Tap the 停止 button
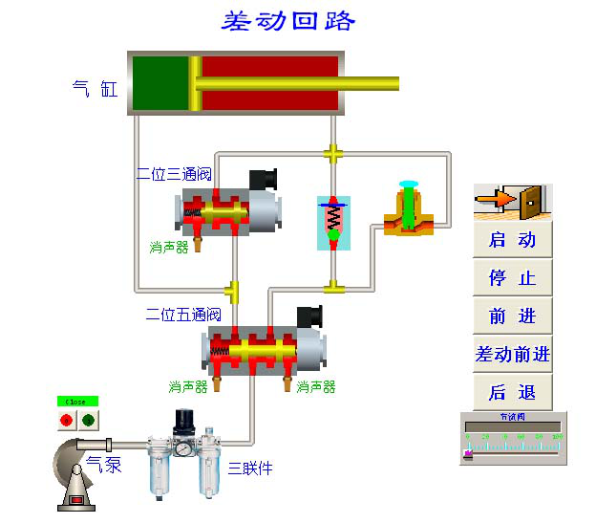pyautogui.click(x=513, y=278)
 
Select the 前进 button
pyautogui.click(x=513, y=316)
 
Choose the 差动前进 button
pyautogui.click(x=513, y=355)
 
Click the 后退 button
pyautogui.click(x=513, y=392)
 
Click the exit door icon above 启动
pyautogui.click(x=513, y=201)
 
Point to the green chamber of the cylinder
pyautogui.click(x=160, y=83)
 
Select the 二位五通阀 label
pyautogui.click(x=183, y=314)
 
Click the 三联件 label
pyautogui.click(x=249, y=469)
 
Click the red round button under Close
pyautogui.click(x=67, y=420)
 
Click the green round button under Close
pyautogui.click(x=89, y=420)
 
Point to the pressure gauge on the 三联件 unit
pyautogui.click(x=181, y=448)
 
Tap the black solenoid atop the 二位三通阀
pyautogui.click(x=263, y=180)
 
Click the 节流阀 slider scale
pyautogui.click(x=513, y=445)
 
